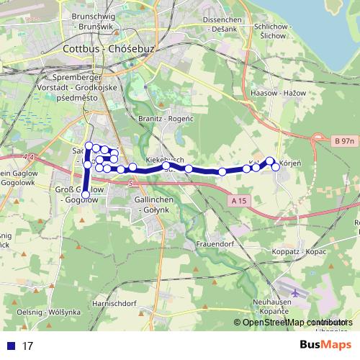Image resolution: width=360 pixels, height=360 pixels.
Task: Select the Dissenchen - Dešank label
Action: (225, 24)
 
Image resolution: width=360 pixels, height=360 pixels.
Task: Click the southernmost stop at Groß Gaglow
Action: (86, 195)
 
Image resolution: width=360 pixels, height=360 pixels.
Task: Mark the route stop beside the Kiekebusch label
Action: (166, 166)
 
